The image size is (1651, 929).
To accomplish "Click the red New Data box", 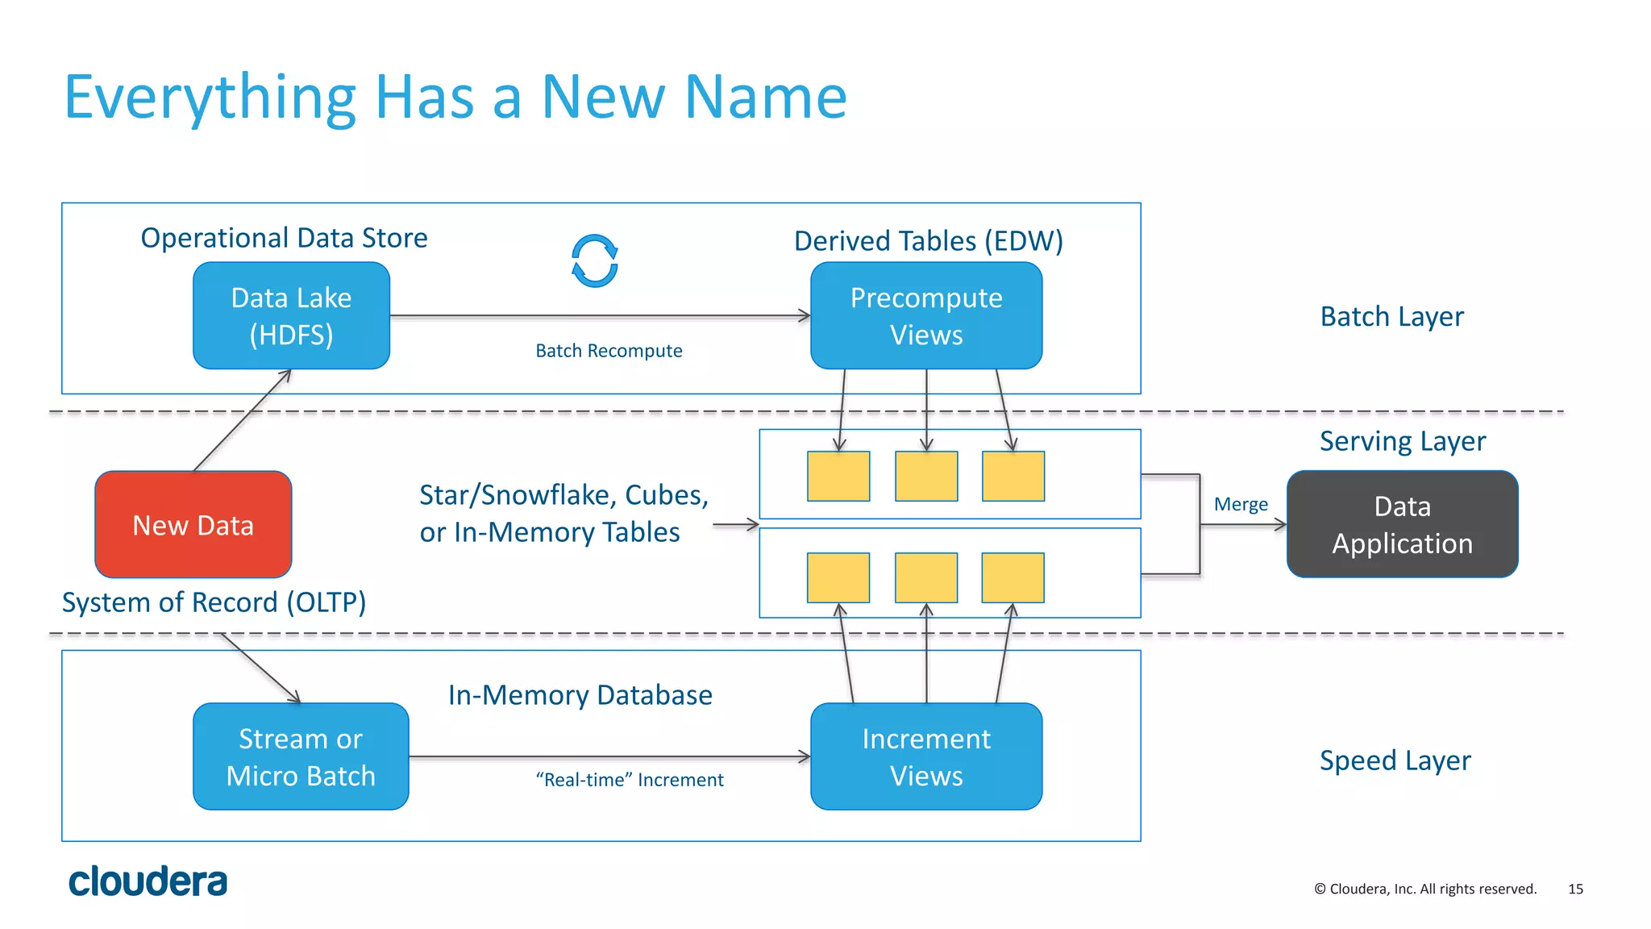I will coord(193,524).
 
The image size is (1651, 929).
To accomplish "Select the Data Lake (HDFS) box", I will coord(291,315).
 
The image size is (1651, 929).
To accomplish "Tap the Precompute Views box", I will coord(925,315).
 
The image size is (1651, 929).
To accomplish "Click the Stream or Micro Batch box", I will coord(301,756).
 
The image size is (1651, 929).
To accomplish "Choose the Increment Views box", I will coord(925,756).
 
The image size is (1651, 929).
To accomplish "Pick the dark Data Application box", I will coord(1402,524).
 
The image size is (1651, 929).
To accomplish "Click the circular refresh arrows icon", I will coord(595,261).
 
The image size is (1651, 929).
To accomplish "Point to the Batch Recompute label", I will coord(609,351).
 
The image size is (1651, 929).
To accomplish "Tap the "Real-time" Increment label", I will coord(630,780).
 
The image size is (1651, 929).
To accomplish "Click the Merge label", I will coord(1241,505).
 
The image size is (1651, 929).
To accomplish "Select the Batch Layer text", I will coord(1391,316).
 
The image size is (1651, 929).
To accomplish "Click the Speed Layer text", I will coord(1395,760).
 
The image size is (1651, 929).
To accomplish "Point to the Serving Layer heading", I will coord(1402,441).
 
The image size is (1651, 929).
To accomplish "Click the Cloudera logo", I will coord(148,881).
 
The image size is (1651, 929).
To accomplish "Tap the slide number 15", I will coord(1575,889).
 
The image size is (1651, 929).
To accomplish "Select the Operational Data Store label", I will coord(284,238).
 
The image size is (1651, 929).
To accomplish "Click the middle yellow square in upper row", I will coord(926,477).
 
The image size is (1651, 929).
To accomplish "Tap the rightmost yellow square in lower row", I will coord(1013,577).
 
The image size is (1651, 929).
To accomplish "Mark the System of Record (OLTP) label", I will coord(214,602).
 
